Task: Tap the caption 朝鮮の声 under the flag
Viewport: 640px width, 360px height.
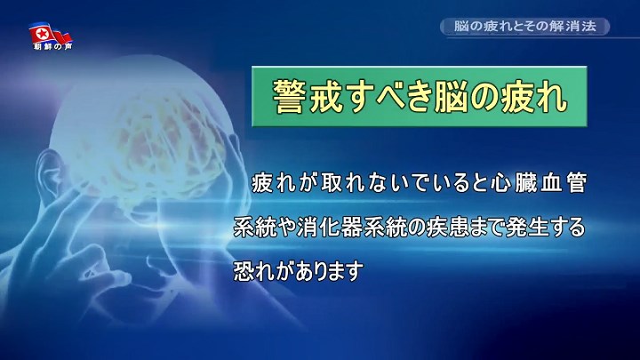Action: pos(52,46)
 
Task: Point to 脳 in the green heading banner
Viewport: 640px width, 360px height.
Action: pos(451,96)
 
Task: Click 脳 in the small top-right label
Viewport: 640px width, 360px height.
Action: pos(460,26)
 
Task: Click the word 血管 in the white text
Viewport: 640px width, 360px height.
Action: pos(564,183)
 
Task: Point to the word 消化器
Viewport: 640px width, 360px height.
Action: pos(330,228)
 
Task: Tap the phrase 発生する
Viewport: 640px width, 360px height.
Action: pos(545,228)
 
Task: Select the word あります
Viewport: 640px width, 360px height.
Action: pos(329,270)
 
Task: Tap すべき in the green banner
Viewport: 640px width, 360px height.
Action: pos(388,96)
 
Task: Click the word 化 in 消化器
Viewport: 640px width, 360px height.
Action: pos(330,228)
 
